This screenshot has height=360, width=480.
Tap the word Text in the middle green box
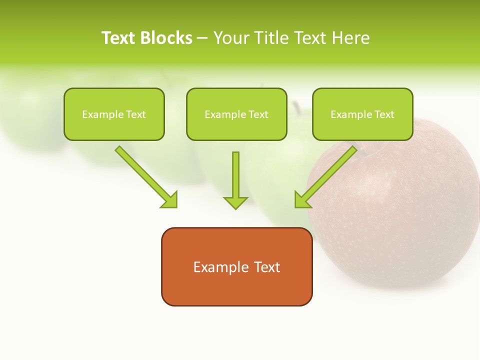pos(258,114)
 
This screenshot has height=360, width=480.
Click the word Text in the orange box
pos(267,267)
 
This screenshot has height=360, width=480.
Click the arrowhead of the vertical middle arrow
pos(235,202)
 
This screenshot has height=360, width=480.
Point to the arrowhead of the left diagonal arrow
pos(170,199)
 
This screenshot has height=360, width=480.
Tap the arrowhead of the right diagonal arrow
pos(302,199)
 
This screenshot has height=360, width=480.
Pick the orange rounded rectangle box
pos(236,290)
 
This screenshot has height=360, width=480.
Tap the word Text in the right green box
pos(384,114)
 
